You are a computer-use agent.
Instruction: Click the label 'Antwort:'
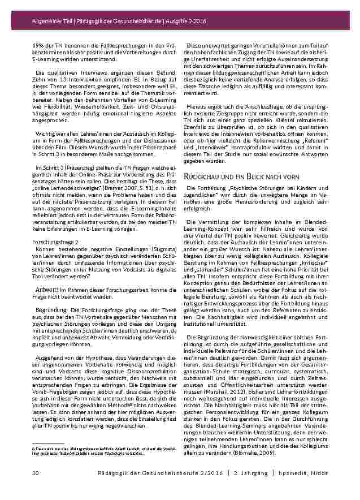[x=47, y=289]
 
